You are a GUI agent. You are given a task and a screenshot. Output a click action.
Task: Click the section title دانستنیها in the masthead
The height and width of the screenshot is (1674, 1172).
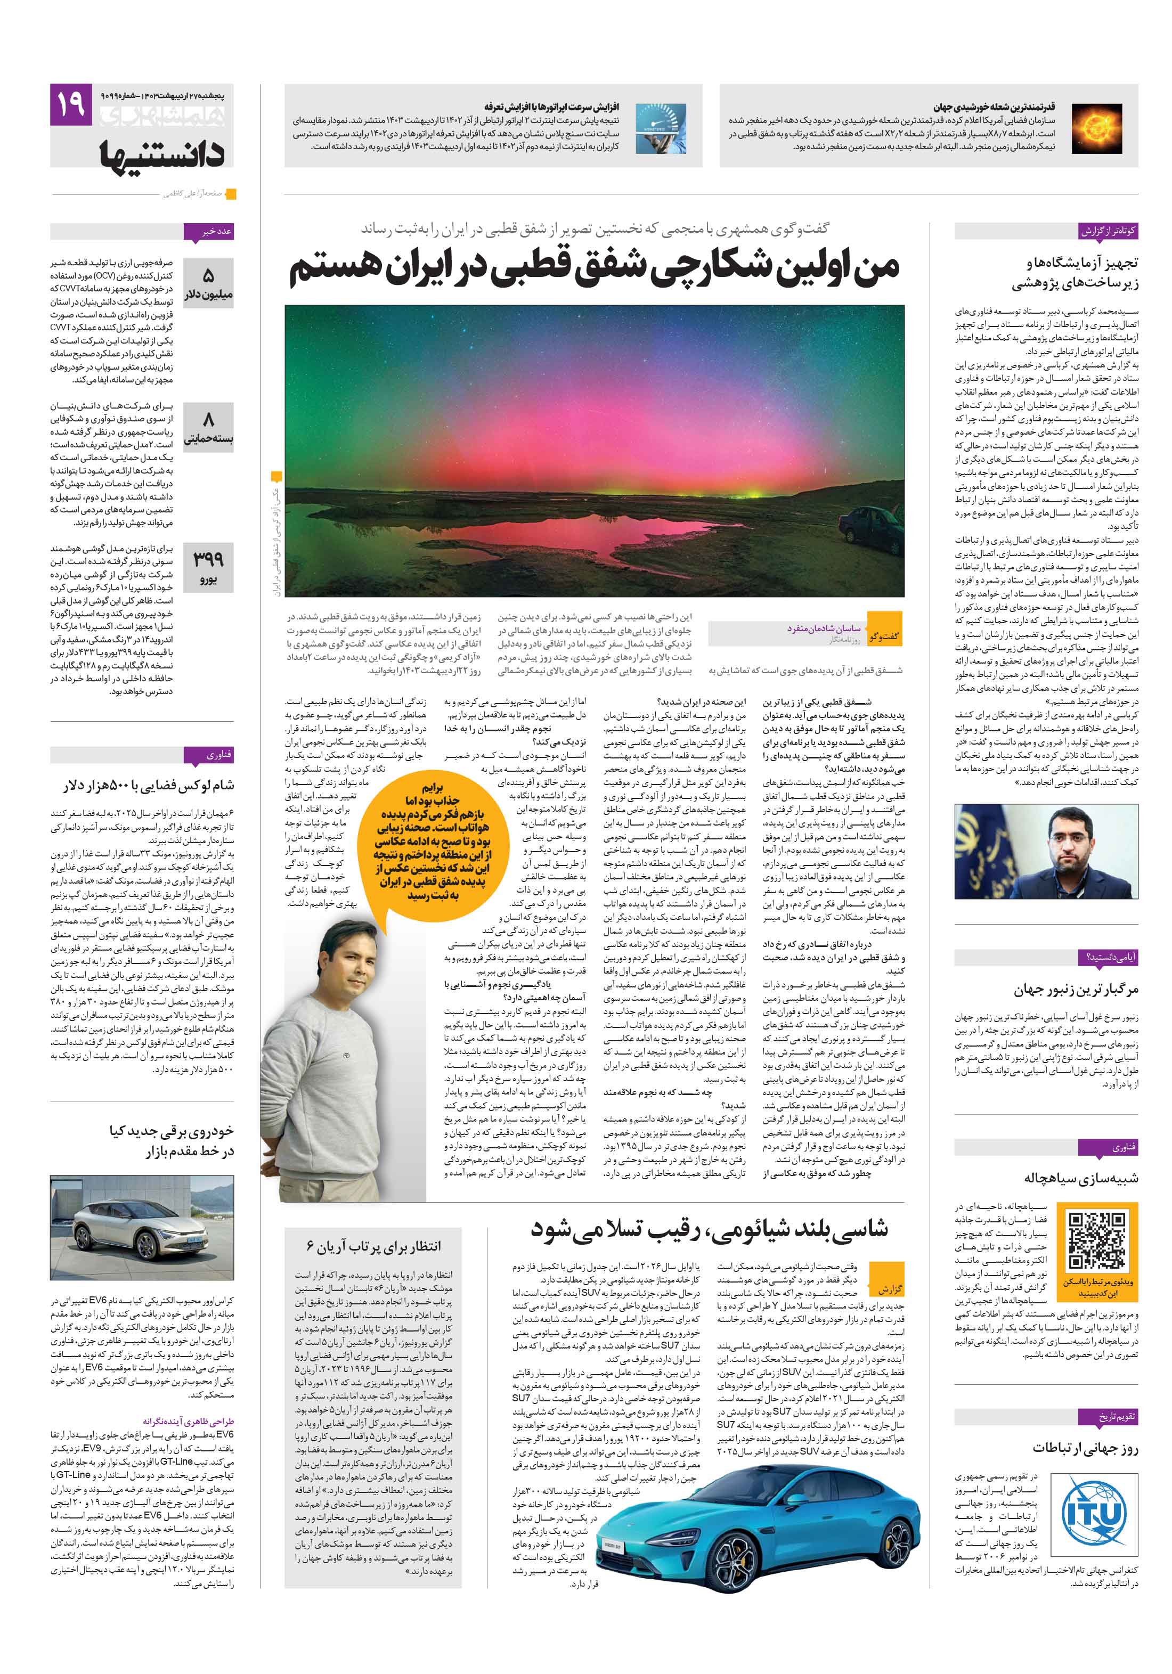[162, 152]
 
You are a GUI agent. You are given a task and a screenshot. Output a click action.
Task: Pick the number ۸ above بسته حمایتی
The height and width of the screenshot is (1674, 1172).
[209, 420]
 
